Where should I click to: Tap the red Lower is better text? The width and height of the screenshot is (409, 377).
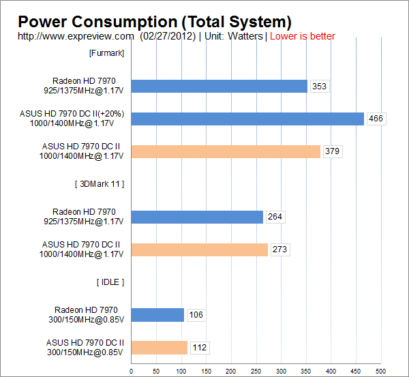[303, 36]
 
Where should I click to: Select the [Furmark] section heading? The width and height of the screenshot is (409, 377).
[106, 53]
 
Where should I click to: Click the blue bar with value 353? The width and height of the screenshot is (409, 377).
[219, 86]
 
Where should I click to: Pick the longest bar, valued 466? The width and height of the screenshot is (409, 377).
[247, 119]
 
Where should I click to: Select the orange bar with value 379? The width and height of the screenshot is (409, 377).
[226, 151]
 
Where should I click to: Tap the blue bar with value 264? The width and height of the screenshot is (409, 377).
[197, 217]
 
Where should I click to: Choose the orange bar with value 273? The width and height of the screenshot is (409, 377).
[199, 250]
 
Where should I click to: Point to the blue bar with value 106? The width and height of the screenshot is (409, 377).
[157, 315]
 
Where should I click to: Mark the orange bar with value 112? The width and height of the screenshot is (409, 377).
[159, 348]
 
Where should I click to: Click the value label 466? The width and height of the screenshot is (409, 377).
[375, 119]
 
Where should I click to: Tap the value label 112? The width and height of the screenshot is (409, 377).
[199, 348]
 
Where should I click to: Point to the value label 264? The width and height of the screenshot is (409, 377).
[275, 217]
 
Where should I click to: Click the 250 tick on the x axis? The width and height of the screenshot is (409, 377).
[256, 371]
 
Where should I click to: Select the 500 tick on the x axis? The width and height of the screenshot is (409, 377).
[380, 371]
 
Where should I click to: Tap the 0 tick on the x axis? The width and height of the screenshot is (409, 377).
[131, 371]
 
